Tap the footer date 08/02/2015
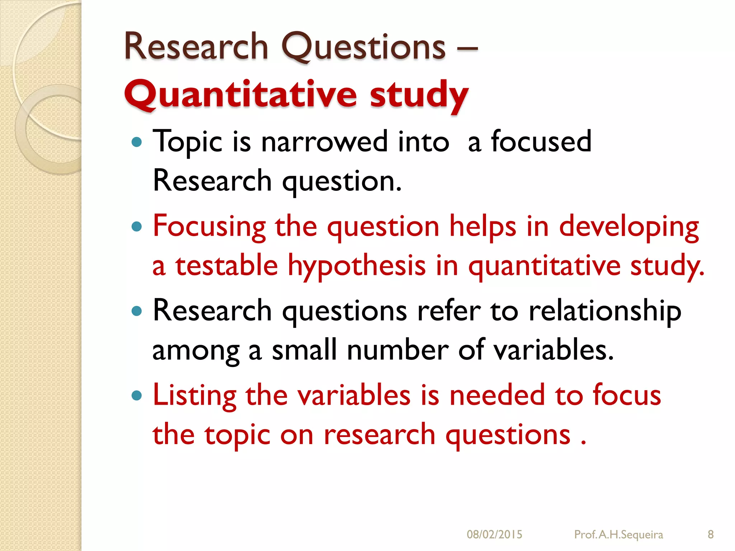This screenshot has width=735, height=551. (494, 534)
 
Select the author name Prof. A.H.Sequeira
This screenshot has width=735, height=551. (618, 534)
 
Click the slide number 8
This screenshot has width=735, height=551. (711, 534)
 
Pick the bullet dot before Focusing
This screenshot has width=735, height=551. (137, 227)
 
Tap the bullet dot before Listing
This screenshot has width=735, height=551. (137, 396)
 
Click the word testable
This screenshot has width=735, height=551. (226, 265)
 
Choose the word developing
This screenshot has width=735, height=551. (629, 227)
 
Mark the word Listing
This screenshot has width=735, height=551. (194, 396)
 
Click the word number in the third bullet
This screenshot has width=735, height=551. (397, 350)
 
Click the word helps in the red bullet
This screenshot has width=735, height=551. (483, 227)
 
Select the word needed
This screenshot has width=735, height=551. (497, 395)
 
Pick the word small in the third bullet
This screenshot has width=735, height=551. (304, 350)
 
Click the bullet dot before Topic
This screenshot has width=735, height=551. (137, 142)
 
